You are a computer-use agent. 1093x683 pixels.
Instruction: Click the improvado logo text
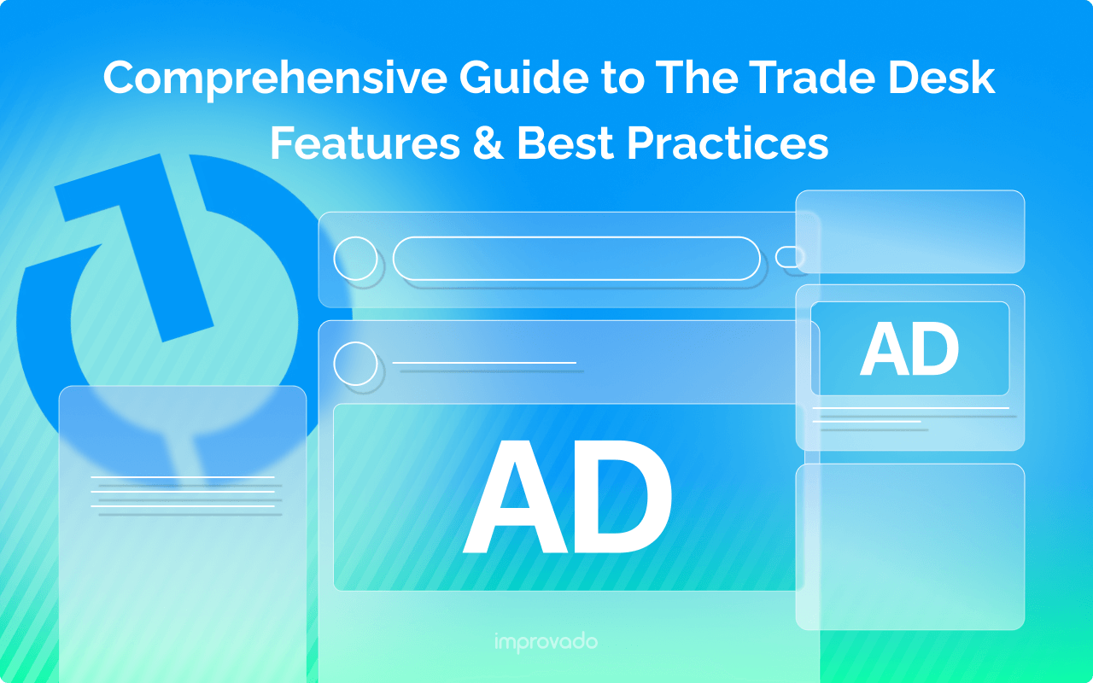[x=546, y=642]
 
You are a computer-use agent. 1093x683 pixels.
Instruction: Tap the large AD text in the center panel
[x=567, y=498]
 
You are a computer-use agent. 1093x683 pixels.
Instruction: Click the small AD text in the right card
[x=909, y=350]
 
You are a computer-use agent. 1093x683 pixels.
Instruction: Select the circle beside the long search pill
[x=355, y=259]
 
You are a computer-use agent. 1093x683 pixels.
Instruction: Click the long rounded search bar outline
[x=576, y=259]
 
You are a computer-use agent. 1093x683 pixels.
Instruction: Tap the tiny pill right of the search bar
[x=790, y=256]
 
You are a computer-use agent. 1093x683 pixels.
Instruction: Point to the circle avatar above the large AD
[x=355, y=364]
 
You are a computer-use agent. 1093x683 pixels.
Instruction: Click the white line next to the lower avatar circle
[x=485, y=364]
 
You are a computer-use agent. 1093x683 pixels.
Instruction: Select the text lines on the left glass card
[x=184, y=496]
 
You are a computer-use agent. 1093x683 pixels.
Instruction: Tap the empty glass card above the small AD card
[x=910, y=231]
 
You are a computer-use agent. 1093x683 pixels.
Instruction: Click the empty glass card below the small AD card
[x=910, y=546]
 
